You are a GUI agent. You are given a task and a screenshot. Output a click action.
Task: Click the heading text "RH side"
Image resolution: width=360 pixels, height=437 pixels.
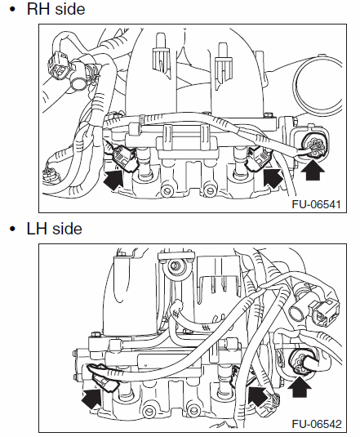click(x=56, y=9)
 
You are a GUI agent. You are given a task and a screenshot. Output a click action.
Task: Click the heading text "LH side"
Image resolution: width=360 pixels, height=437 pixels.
click(x=55, y=229)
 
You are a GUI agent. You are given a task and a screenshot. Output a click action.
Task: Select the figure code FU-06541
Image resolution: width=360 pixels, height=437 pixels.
click(x=316, y=204)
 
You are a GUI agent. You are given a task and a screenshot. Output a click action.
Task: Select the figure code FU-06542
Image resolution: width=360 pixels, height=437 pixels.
click(x=317, y=424)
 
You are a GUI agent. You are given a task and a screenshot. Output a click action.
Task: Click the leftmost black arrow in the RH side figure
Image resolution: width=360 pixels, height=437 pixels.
click(x=113, y=180)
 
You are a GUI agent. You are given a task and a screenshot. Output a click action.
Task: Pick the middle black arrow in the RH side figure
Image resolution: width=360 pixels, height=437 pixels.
click(x=273, y=176)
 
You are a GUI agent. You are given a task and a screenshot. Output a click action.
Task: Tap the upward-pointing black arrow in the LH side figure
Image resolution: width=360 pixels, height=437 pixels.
click(x=300, y=386)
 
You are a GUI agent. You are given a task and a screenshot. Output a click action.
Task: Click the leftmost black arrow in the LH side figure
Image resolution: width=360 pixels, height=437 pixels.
click(x=92, y=399)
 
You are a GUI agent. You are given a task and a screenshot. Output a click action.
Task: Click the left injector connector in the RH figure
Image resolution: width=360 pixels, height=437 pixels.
click(x=123, y=158)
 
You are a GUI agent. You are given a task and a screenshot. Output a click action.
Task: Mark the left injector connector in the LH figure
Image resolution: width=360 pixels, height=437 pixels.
click(x=103, y=377)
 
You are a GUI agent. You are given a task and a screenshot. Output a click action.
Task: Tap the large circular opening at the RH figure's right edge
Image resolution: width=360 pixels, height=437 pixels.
click(x=318, y=87)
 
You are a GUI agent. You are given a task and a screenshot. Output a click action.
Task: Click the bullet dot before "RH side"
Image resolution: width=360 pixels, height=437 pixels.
click(x=12, y=9)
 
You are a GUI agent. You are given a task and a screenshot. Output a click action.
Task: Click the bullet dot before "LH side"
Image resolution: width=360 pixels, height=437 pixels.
click(x=12, y=229)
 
